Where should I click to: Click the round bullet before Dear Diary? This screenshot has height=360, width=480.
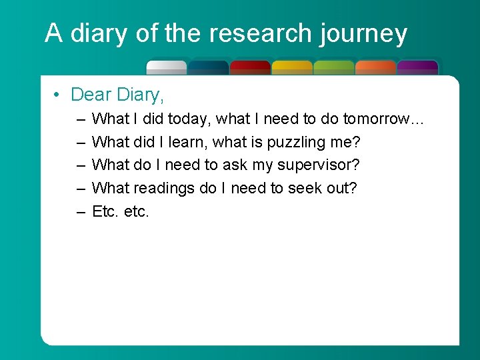pyautogui.click(x=58, y=95)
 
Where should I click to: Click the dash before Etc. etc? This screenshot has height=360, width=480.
pyautogui.click(x=80, y=211)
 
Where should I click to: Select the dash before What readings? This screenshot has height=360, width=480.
pyautogui.click(x=80, y=188)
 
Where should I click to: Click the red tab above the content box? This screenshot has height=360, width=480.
pyautogui.click(x=250, y=67)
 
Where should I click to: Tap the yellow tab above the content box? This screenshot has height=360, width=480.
pyautogui.click(x=292, y=67)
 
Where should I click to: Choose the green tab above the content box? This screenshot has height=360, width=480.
pyautogui.click(x=333, y=67)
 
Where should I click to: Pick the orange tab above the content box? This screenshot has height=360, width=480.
pyautogui.click(x=375, y=67)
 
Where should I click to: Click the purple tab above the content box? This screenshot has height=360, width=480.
pyautogui.click(x=417, y=67)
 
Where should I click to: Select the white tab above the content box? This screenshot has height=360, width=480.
pyautogui.click(x=167, y=67)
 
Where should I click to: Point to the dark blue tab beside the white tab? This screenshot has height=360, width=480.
pyautogui.click(x=208, y=67)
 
